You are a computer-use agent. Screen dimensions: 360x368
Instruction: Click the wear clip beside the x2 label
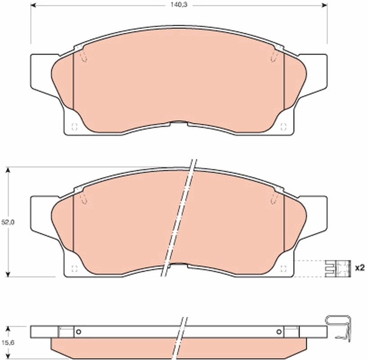(x=337, y=268)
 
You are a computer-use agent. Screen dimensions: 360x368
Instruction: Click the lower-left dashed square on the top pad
(x=75, y=127)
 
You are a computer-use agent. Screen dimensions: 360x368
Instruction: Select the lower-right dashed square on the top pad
(x=283, y=127)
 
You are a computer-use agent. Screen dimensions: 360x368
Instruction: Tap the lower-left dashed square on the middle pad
(x=75, y=269)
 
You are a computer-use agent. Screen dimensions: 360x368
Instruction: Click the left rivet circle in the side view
(x=78, y=333)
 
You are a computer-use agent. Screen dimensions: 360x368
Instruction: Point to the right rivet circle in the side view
(x=280, y=333)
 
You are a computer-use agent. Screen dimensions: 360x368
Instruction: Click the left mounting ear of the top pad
(x=43, y=72)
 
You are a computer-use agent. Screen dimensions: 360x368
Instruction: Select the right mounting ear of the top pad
(x=315, y=72)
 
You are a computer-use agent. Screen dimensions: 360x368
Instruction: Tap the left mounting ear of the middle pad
(x=43, y=214)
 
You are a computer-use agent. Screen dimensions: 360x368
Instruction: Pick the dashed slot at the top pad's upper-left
(x=83, y=56)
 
